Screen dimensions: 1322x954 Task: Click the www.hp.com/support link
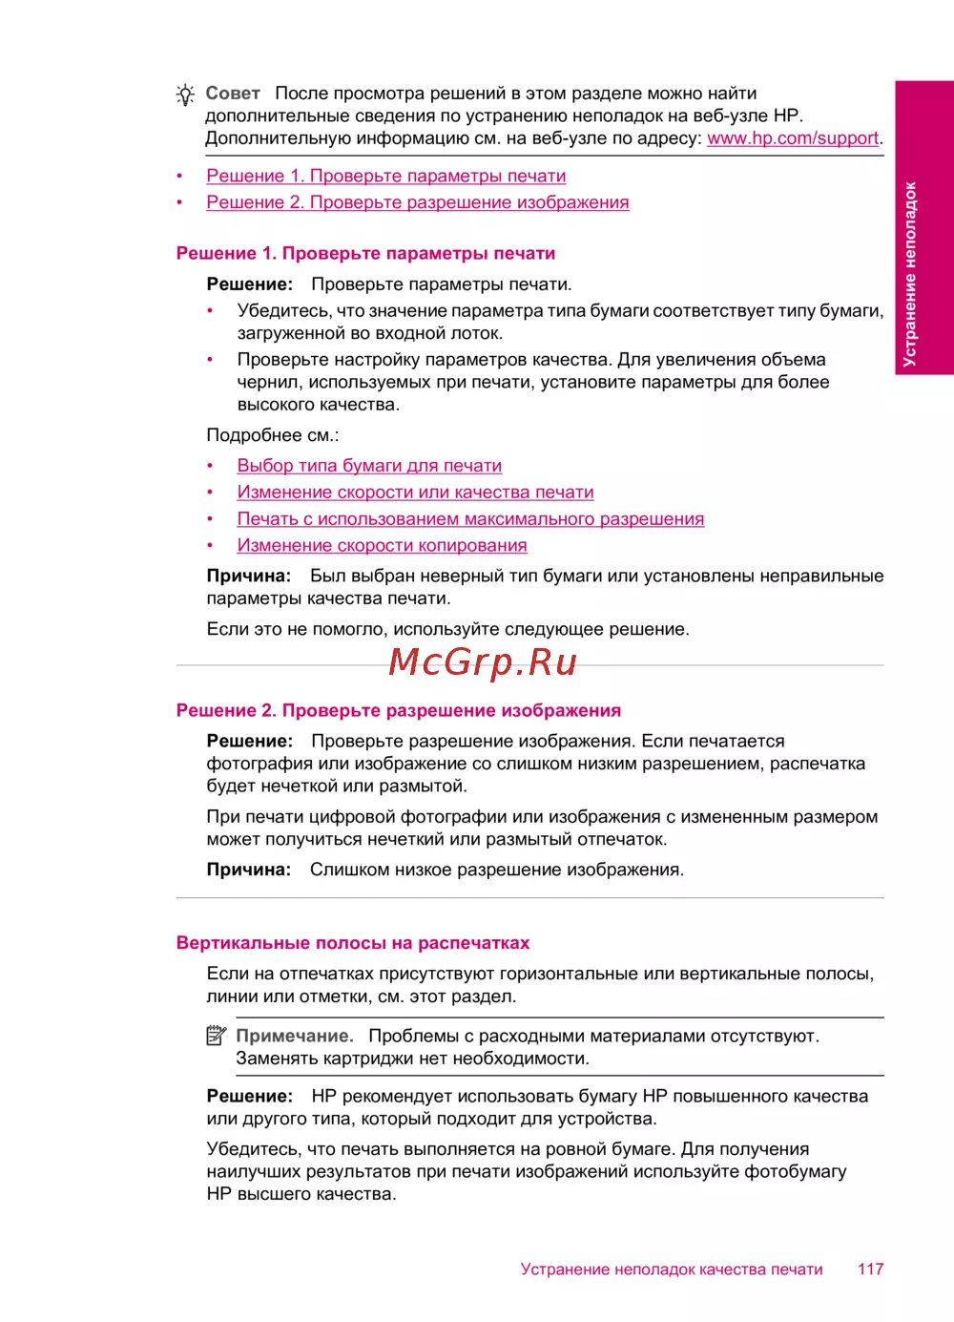793,138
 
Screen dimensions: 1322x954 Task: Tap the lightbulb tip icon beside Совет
185,94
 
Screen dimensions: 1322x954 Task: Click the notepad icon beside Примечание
217,1036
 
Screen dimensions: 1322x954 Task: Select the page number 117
870,1269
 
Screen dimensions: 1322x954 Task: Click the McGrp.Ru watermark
483,661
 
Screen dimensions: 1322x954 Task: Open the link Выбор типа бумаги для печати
369,466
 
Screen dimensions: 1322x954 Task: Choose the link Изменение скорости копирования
382,546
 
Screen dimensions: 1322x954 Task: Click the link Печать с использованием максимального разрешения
470,519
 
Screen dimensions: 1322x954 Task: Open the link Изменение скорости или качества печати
415,493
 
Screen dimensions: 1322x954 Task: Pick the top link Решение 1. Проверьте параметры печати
386,177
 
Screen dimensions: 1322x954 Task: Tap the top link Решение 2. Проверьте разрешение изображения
418,203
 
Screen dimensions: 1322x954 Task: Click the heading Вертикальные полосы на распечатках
353,943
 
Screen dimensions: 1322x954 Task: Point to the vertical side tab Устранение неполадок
910,274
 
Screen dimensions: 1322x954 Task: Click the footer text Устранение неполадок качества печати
672,1270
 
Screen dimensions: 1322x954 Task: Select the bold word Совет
233,94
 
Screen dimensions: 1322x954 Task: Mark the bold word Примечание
295,1037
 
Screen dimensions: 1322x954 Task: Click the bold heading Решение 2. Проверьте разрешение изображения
399,711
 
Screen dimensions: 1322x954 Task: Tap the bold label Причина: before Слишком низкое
249,871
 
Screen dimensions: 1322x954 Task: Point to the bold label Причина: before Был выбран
249,577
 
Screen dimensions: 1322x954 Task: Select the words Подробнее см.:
273,435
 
